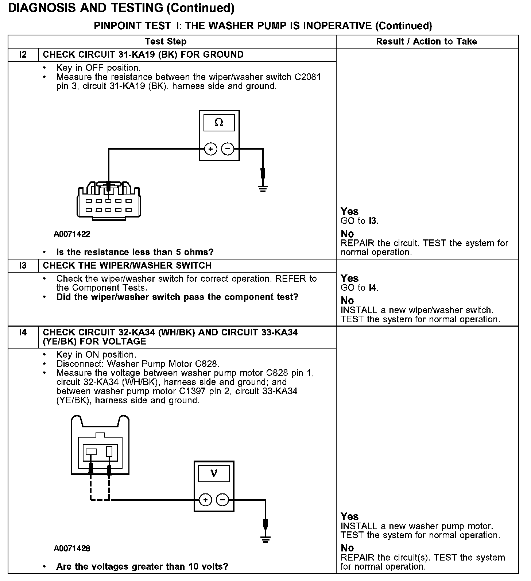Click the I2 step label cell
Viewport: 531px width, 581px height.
(x=23, y=55)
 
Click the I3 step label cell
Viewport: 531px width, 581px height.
(x=23, y=266)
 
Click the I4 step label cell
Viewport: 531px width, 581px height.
(x=23, y=332)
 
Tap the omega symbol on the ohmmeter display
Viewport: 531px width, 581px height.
(x=219, y=123)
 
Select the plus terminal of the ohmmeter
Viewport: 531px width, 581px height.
(x=210, y=149)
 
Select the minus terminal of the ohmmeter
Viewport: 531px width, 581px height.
(x=228, y=149)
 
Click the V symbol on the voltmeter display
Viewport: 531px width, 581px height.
(x=214, y=473)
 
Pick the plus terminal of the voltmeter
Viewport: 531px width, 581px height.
(x=205, y=500)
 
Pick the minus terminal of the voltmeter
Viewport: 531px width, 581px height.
(x=222, y=500)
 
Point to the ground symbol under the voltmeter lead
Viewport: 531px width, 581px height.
(x=265, y=539)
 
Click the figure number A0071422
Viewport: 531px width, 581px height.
(x=72, y=234)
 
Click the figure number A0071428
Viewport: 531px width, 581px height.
(x=72, y=549)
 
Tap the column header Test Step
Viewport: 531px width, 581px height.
(x=166, y=42)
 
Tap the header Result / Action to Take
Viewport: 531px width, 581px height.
(x=426, y=42)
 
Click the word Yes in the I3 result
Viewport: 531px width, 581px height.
(x=349, y=278)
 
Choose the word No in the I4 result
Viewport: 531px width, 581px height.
(x=347, y=548)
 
